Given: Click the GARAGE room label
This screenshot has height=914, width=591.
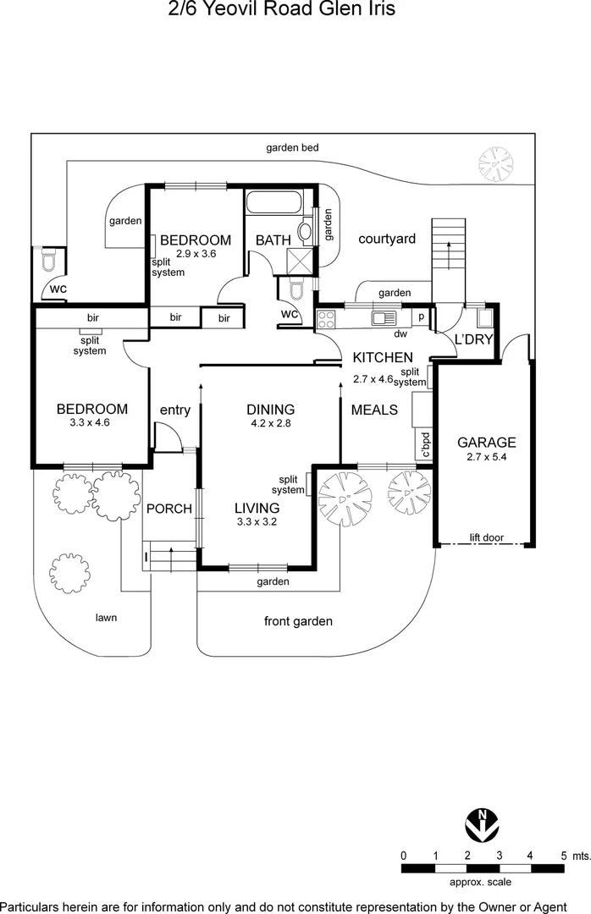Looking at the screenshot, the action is pos(487,443).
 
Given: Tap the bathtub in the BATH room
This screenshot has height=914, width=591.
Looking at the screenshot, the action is pos(274,201).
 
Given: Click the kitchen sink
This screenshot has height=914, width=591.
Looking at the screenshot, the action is pos(384,318).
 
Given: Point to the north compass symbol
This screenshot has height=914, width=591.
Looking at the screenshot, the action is pos(482,823).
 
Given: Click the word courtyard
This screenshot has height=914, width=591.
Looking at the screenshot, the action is pos(387,239).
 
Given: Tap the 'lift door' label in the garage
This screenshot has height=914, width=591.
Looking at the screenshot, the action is pos(487,537).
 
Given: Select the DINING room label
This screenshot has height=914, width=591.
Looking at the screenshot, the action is pos(271,410).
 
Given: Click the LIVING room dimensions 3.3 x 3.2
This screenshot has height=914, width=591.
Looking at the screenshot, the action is pos(257,521).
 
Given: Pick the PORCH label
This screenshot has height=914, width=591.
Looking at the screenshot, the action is pos(169,509).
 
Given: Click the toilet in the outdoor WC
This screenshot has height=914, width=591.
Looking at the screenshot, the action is pos(48,261).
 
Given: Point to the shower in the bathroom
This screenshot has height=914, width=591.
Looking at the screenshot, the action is pos(301,260).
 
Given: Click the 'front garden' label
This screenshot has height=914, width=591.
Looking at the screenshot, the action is pos(298,621).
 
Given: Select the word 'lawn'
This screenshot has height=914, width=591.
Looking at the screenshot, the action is pos(106,617).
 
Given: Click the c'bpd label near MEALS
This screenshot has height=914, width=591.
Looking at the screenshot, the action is pos(425,444).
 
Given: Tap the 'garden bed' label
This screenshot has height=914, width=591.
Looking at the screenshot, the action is pos(292,147).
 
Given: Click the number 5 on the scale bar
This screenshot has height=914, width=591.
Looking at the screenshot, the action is pos(564,856).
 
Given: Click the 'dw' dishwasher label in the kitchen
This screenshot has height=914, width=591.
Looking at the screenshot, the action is pos(400,334).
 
